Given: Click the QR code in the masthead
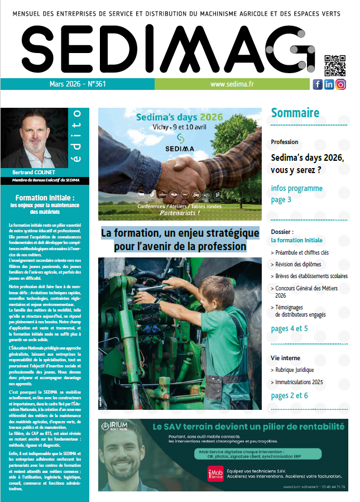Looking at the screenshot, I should [x=335, y=65].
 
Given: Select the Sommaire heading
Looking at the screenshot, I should [x=295, y=113].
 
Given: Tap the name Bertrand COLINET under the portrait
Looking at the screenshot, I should [x=31, y=171].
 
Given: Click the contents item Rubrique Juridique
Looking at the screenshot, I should [x=294, y=370].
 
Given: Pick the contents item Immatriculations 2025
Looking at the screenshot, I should [x=299, y=383].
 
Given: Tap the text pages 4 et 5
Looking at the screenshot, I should [x=289, y=329].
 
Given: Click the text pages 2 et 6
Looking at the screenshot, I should [x=289, y=396].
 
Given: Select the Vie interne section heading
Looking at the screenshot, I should [x=285, y=357].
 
